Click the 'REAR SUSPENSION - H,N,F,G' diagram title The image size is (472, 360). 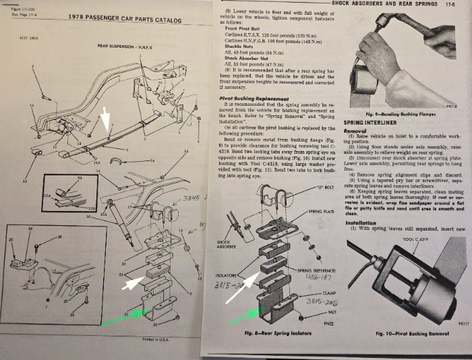click(123, 47)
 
